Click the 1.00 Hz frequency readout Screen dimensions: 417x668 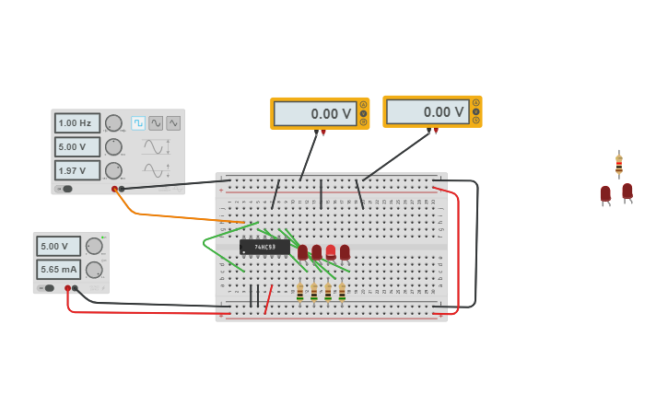coord(76,122)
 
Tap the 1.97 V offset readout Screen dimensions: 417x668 coord(76,170)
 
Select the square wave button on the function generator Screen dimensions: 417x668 coord(138,122)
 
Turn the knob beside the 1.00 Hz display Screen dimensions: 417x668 coord(113,122)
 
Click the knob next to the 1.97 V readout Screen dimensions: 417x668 coord(113,170)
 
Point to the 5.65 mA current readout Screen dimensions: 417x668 coord(58,269)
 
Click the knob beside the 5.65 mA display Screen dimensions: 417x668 coord(94,269)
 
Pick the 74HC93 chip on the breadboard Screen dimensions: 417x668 coord(264,248)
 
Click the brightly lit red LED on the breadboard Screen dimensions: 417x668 coord(331,251)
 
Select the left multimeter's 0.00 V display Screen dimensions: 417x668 coord(315,113)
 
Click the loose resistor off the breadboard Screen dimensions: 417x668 coord(619,165)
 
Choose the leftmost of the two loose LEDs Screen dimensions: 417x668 coord(605,193)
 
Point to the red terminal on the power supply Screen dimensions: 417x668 coord(67,288)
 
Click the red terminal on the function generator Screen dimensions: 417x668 coord(114,189)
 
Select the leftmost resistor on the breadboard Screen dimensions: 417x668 coord(299,291)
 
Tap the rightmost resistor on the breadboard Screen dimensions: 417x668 coord(342,291)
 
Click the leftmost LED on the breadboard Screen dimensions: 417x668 coord(302,251)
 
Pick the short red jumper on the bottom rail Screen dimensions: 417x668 coord(268,299)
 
